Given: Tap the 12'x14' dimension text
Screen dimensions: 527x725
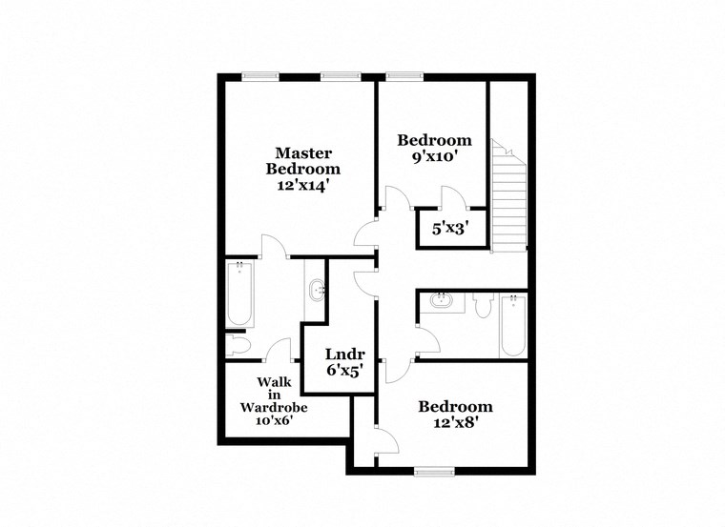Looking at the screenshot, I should click(x=303, y=186).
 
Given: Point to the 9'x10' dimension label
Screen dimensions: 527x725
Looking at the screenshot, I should click(x=434, y=157).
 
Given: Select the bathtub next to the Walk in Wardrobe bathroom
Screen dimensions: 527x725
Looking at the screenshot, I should click(x=238, y=294).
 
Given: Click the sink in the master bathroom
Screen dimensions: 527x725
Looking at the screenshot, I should click(x=318, y=289).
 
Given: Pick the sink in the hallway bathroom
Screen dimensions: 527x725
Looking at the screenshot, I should click(x=441, y=301).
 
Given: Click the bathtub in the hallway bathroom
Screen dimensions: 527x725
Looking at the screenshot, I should click(x=513, y=325).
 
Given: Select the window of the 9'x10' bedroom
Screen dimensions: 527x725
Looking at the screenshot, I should click(x=400, y=77).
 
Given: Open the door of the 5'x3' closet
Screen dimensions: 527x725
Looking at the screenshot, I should click(x=453, y=198).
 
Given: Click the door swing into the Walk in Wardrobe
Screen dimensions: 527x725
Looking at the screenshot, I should click(x=280, y=350).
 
